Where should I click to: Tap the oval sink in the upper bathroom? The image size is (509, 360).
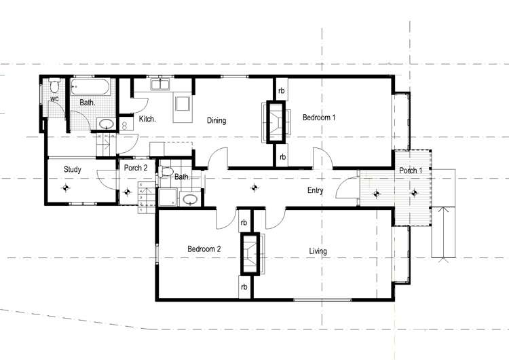(x=106, y=124)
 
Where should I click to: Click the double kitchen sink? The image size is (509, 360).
(x=161, y=85)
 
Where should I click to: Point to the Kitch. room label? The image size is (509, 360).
(x=147, y=120)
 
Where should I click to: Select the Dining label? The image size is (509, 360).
(x=216, y=121)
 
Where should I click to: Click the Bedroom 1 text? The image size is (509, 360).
(x=319, y=118)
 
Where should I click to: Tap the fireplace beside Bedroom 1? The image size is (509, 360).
(x=276, y=122)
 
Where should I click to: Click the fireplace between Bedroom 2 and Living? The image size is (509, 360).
(x=250, y=253)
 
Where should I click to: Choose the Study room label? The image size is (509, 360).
(x=73, y=170)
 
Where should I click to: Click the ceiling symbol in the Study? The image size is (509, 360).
(x=67, y=189)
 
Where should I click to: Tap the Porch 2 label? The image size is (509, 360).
(x=136, y=168)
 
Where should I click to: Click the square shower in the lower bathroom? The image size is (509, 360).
(x=166, y=198)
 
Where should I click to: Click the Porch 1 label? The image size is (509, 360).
(x=411, y=170)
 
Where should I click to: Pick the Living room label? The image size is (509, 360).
(x=318, y=251)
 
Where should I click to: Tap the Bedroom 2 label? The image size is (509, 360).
(x=204, y=249)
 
